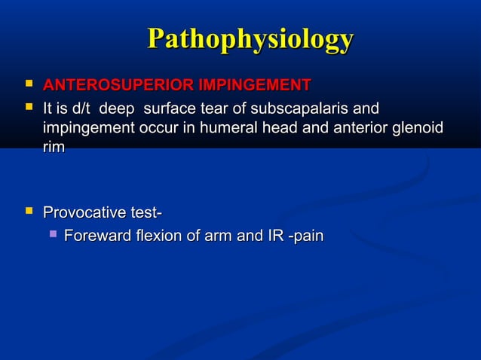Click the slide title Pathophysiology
tap(250, 39)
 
